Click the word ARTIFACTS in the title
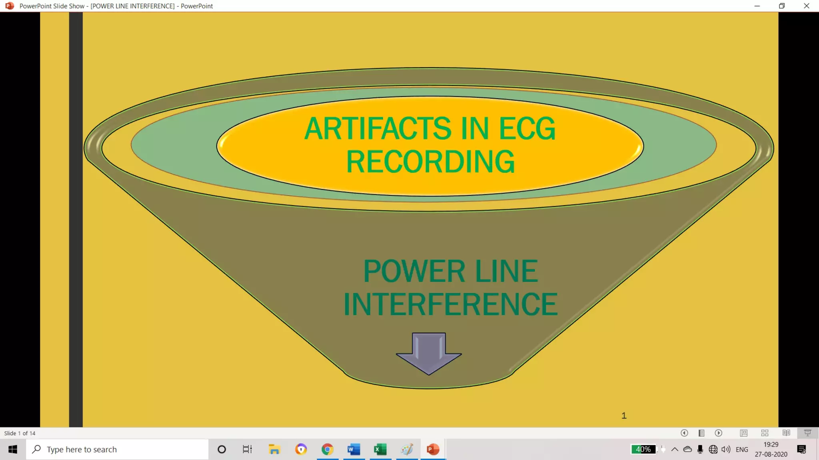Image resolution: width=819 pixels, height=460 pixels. tap(378, 129)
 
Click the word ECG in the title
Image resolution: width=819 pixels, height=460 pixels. tap(527, 129)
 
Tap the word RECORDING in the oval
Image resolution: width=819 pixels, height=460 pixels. tap(430, 162)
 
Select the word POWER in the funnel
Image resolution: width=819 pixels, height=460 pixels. tap(414, 271)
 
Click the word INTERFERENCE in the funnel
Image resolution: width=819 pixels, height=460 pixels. tap(450, 304)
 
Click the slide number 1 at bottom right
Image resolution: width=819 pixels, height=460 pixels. tap(624, 416)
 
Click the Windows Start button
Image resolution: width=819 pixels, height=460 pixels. tap(13, 450)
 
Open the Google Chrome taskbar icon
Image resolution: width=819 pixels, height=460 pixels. tap(327, 450)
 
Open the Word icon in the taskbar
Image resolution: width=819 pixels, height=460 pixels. tap(354, 450)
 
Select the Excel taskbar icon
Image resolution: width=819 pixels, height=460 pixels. tap(380, 450)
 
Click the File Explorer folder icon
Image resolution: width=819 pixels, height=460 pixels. tap(274, 450)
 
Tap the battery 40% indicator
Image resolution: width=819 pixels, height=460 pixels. tap(643, 449)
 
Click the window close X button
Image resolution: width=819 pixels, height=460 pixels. tap(806, 6)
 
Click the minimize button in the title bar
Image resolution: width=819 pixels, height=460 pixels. tap(757, 6)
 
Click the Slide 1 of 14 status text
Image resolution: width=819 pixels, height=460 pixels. tap(20, 433)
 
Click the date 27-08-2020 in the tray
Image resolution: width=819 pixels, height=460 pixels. tap(771, 454)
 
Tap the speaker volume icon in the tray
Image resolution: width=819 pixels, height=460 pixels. tap(726, 450)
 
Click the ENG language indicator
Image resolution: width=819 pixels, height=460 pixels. tap(742, 450)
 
